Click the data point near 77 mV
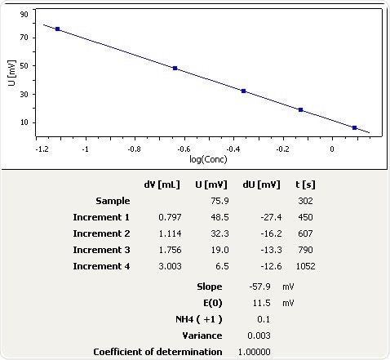coord(57,29)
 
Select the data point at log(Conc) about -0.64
coord(175,69)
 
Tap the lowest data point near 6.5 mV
coord(354,127)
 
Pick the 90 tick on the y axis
coord(23,15)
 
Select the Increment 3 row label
coord(101,251)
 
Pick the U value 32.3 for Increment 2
coord(206,234)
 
